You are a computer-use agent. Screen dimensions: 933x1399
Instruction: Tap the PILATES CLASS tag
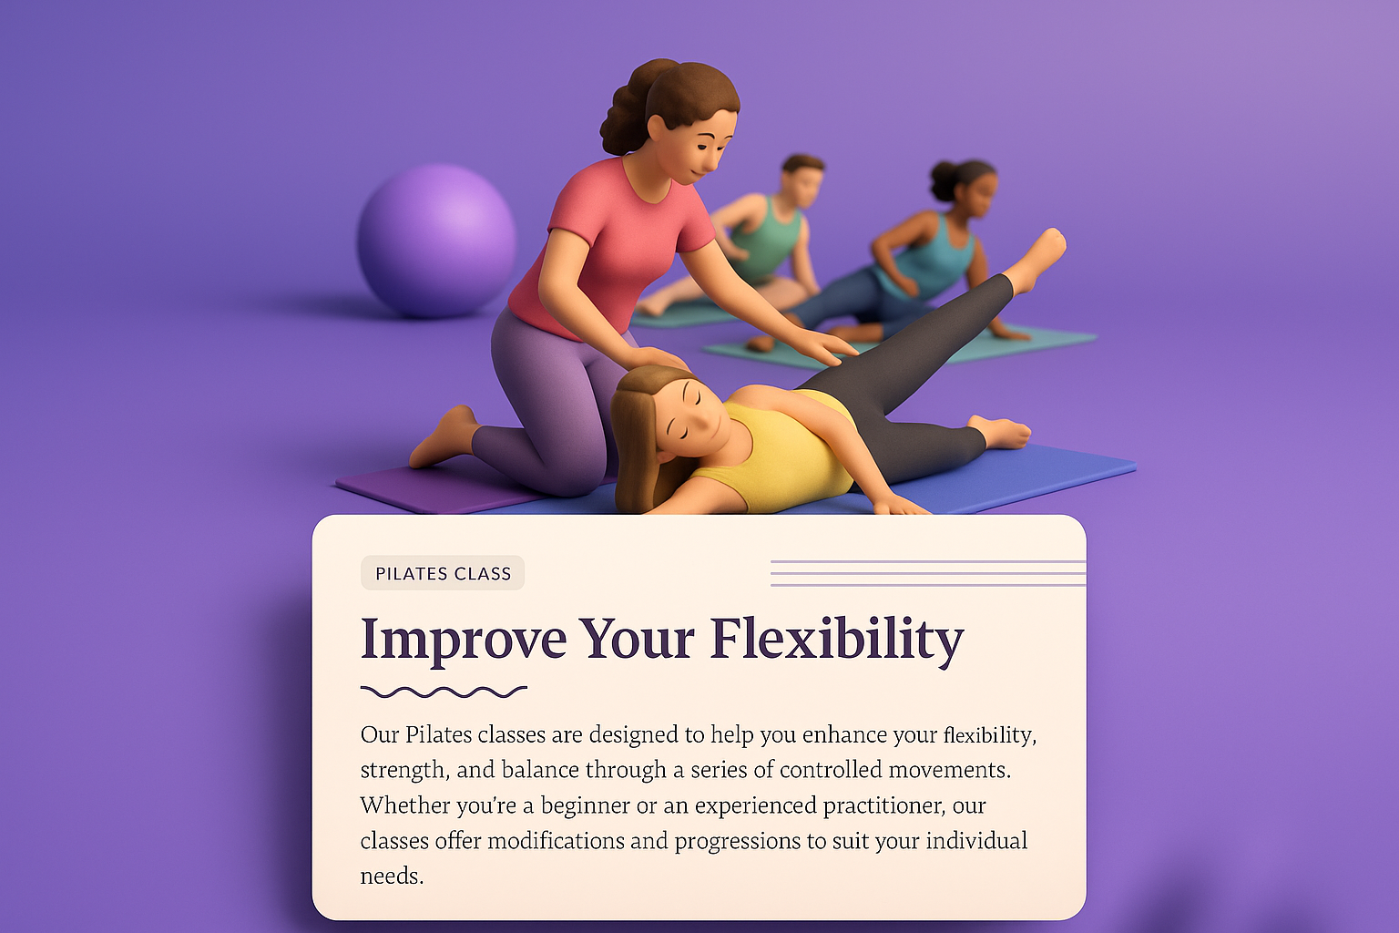pyautogui.click(x=443, y=573)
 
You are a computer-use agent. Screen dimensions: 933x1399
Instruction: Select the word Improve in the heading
pyautogui.click(x=463, y=640)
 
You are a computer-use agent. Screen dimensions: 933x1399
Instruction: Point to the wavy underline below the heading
pyautogui.click(x=444, y=692)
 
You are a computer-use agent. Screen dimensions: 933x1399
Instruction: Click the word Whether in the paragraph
pyautogui.click(x=402, y=805)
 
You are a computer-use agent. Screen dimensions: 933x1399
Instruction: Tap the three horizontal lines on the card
pyautogui.click(x=927, y=573)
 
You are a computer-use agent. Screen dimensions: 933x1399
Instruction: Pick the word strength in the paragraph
pyautogui.click(x=403, y=771)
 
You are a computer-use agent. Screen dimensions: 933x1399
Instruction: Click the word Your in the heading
pyautogui.click(x=638, y=640)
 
